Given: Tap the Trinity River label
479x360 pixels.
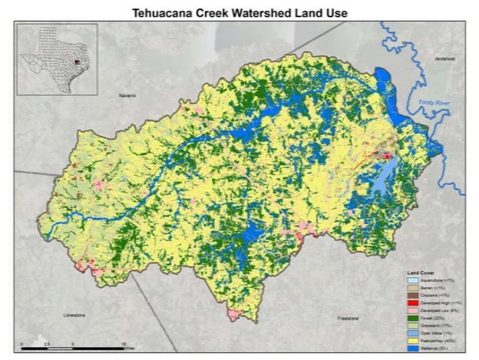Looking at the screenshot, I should pyautogui.click(x=432, y=101).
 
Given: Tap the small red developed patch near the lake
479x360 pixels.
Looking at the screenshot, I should pyautogui.click(x=387, y=156).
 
